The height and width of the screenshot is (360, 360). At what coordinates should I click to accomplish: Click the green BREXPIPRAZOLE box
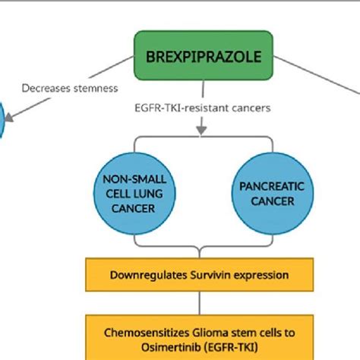point(204,55)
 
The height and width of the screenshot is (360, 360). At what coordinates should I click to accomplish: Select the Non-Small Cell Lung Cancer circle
point(134,194)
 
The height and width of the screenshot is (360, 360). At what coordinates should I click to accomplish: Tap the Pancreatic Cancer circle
point(273,194)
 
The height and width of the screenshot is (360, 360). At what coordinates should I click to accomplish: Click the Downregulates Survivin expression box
point(200,275)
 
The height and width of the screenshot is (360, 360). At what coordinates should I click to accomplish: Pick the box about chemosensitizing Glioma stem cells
point(200,337)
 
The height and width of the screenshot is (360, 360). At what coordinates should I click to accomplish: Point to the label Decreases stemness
point(70,88)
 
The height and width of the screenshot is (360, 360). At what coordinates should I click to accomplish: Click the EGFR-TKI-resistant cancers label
point(203,108)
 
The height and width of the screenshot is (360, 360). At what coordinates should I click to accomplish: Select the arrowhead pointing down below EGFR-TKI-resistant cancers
point(201,130)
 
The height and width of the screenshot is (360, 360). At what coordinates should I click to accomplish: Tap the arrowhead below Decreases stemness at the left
point(9,118)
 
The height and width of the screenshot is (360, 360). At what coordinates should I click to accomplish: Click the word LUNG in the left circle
point(148,194)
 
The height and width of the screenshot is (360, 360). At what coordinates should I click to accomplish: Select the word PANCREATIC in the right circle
point(272,187)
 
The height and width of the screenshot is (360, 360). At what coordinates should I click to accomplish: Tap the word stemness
point(96,88)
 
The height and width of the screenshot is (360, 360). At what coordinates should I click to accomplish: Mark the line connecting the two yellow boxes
point(200,303)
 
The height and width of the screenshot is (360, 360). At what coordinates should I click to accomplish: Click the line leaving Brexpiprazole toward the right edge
point(317,75)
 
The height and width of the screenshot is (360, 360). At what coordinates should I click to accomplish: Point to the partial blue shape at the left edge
point(2,120)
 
